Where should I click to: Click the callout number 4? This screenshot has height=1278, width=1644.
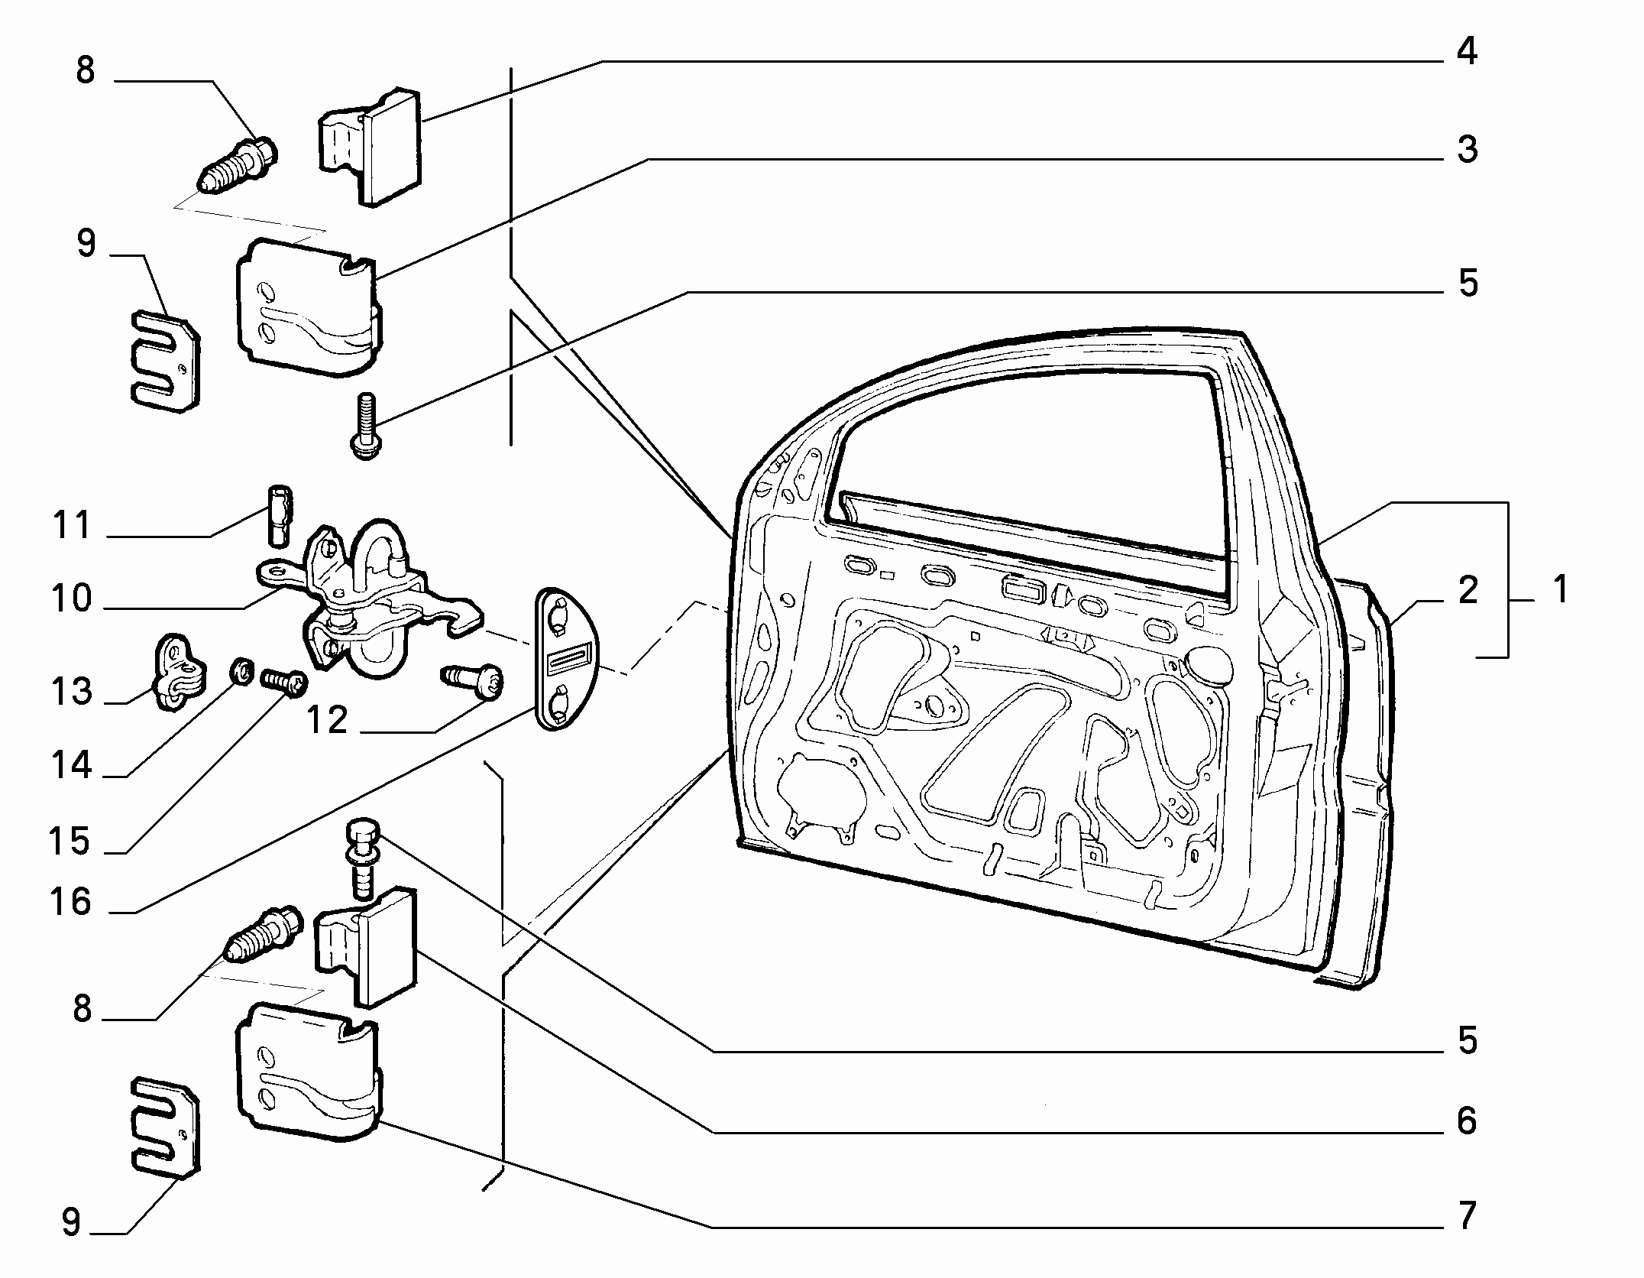pos(1467,52)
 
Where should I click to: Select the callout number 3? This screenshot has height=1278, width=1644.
pos(1467,150)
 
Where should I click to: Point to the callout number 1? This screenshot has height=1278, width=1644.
pos(1559,589)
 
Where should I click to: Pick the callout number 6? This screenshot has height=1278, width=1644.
pos(1467,1121)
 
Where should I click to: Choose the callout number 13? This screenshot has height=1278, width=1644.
pos(71,692)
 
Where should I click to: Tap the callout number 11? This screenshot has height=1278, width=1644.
pos(71,526)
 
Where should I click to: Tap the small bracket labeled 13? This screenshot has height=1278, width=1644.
pos(181,670)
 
